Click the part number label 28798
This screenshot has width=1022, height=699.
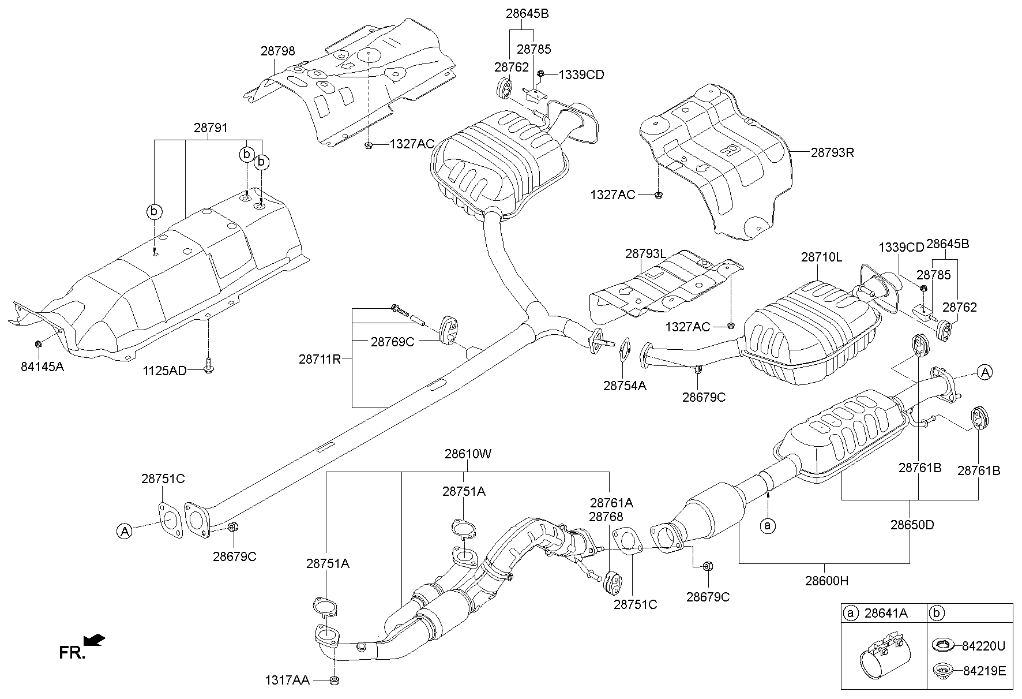(277, 51)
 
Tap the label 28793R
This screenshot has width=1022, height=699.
(832, 153)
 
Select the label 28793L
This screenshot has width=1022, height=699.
(645, 253)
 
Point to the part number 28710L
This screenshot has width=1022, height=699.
(821, 257)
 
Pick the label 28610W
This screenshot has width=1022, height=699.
(468, 454)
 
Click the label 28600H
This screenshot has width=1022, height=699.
(826, 581)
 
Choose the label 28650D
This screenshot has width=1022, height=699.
(912, 525)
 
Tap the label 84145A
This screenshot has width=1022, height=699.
(42, 366)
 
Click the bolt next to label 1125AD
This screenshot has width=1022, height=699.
(208, 365)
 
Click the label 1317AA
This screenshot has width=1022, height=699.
(287, 681)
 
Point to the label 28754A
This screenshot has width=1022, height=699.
(625, 386)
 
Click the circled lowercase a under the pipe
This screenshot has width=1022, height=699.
(768, 525)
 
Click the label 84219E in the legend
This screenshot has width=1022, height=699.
(983, 671)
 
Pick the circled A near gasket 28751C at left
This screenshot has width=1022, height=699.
(125, 531)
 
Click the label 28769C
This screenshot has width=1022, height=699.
(392, 342)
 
